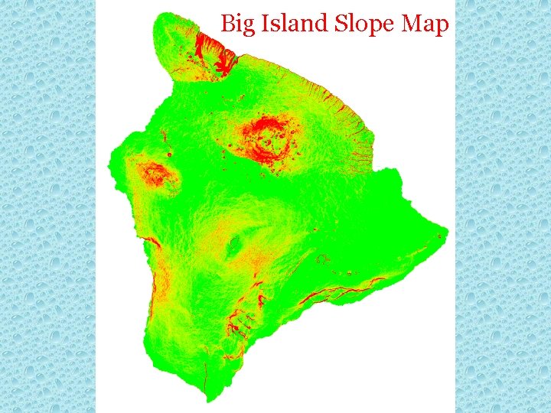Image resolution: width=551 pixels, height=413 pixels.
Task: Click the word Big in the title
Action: coord(236,24)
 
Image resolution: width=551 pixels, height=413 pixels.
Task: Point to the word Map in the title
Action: coord(425,24)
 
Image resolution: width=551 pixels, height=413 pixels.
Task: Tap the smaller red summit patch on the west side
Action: coord(155,174)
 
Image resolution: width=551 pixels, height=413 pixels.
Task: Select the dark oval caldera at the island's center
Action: coord(233,245)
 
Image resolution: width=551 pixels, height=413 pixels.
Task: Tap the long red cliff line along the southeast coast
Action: coord(337,292)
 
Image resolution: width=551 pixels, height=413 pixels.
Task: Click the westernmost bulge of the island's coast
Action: coord(108,164)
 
